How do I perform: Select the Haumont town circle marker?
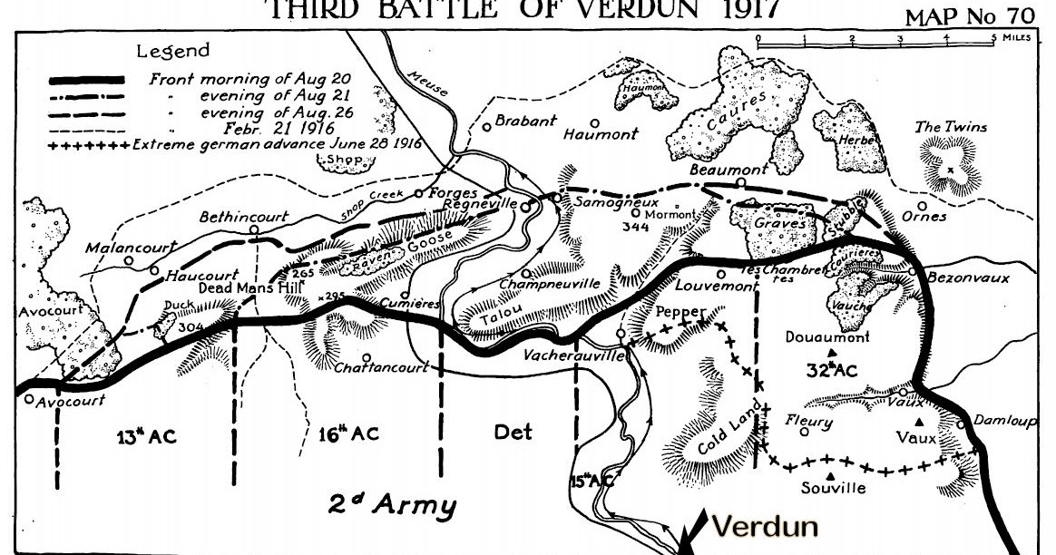595,122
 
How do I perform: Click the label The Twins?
951,128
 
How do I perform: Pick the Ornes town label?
924,218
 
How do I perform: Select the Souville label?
834,489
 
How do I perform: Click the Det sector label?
513,433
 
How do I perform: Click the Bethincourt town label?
244,218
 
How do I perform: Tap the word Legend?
172,52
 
